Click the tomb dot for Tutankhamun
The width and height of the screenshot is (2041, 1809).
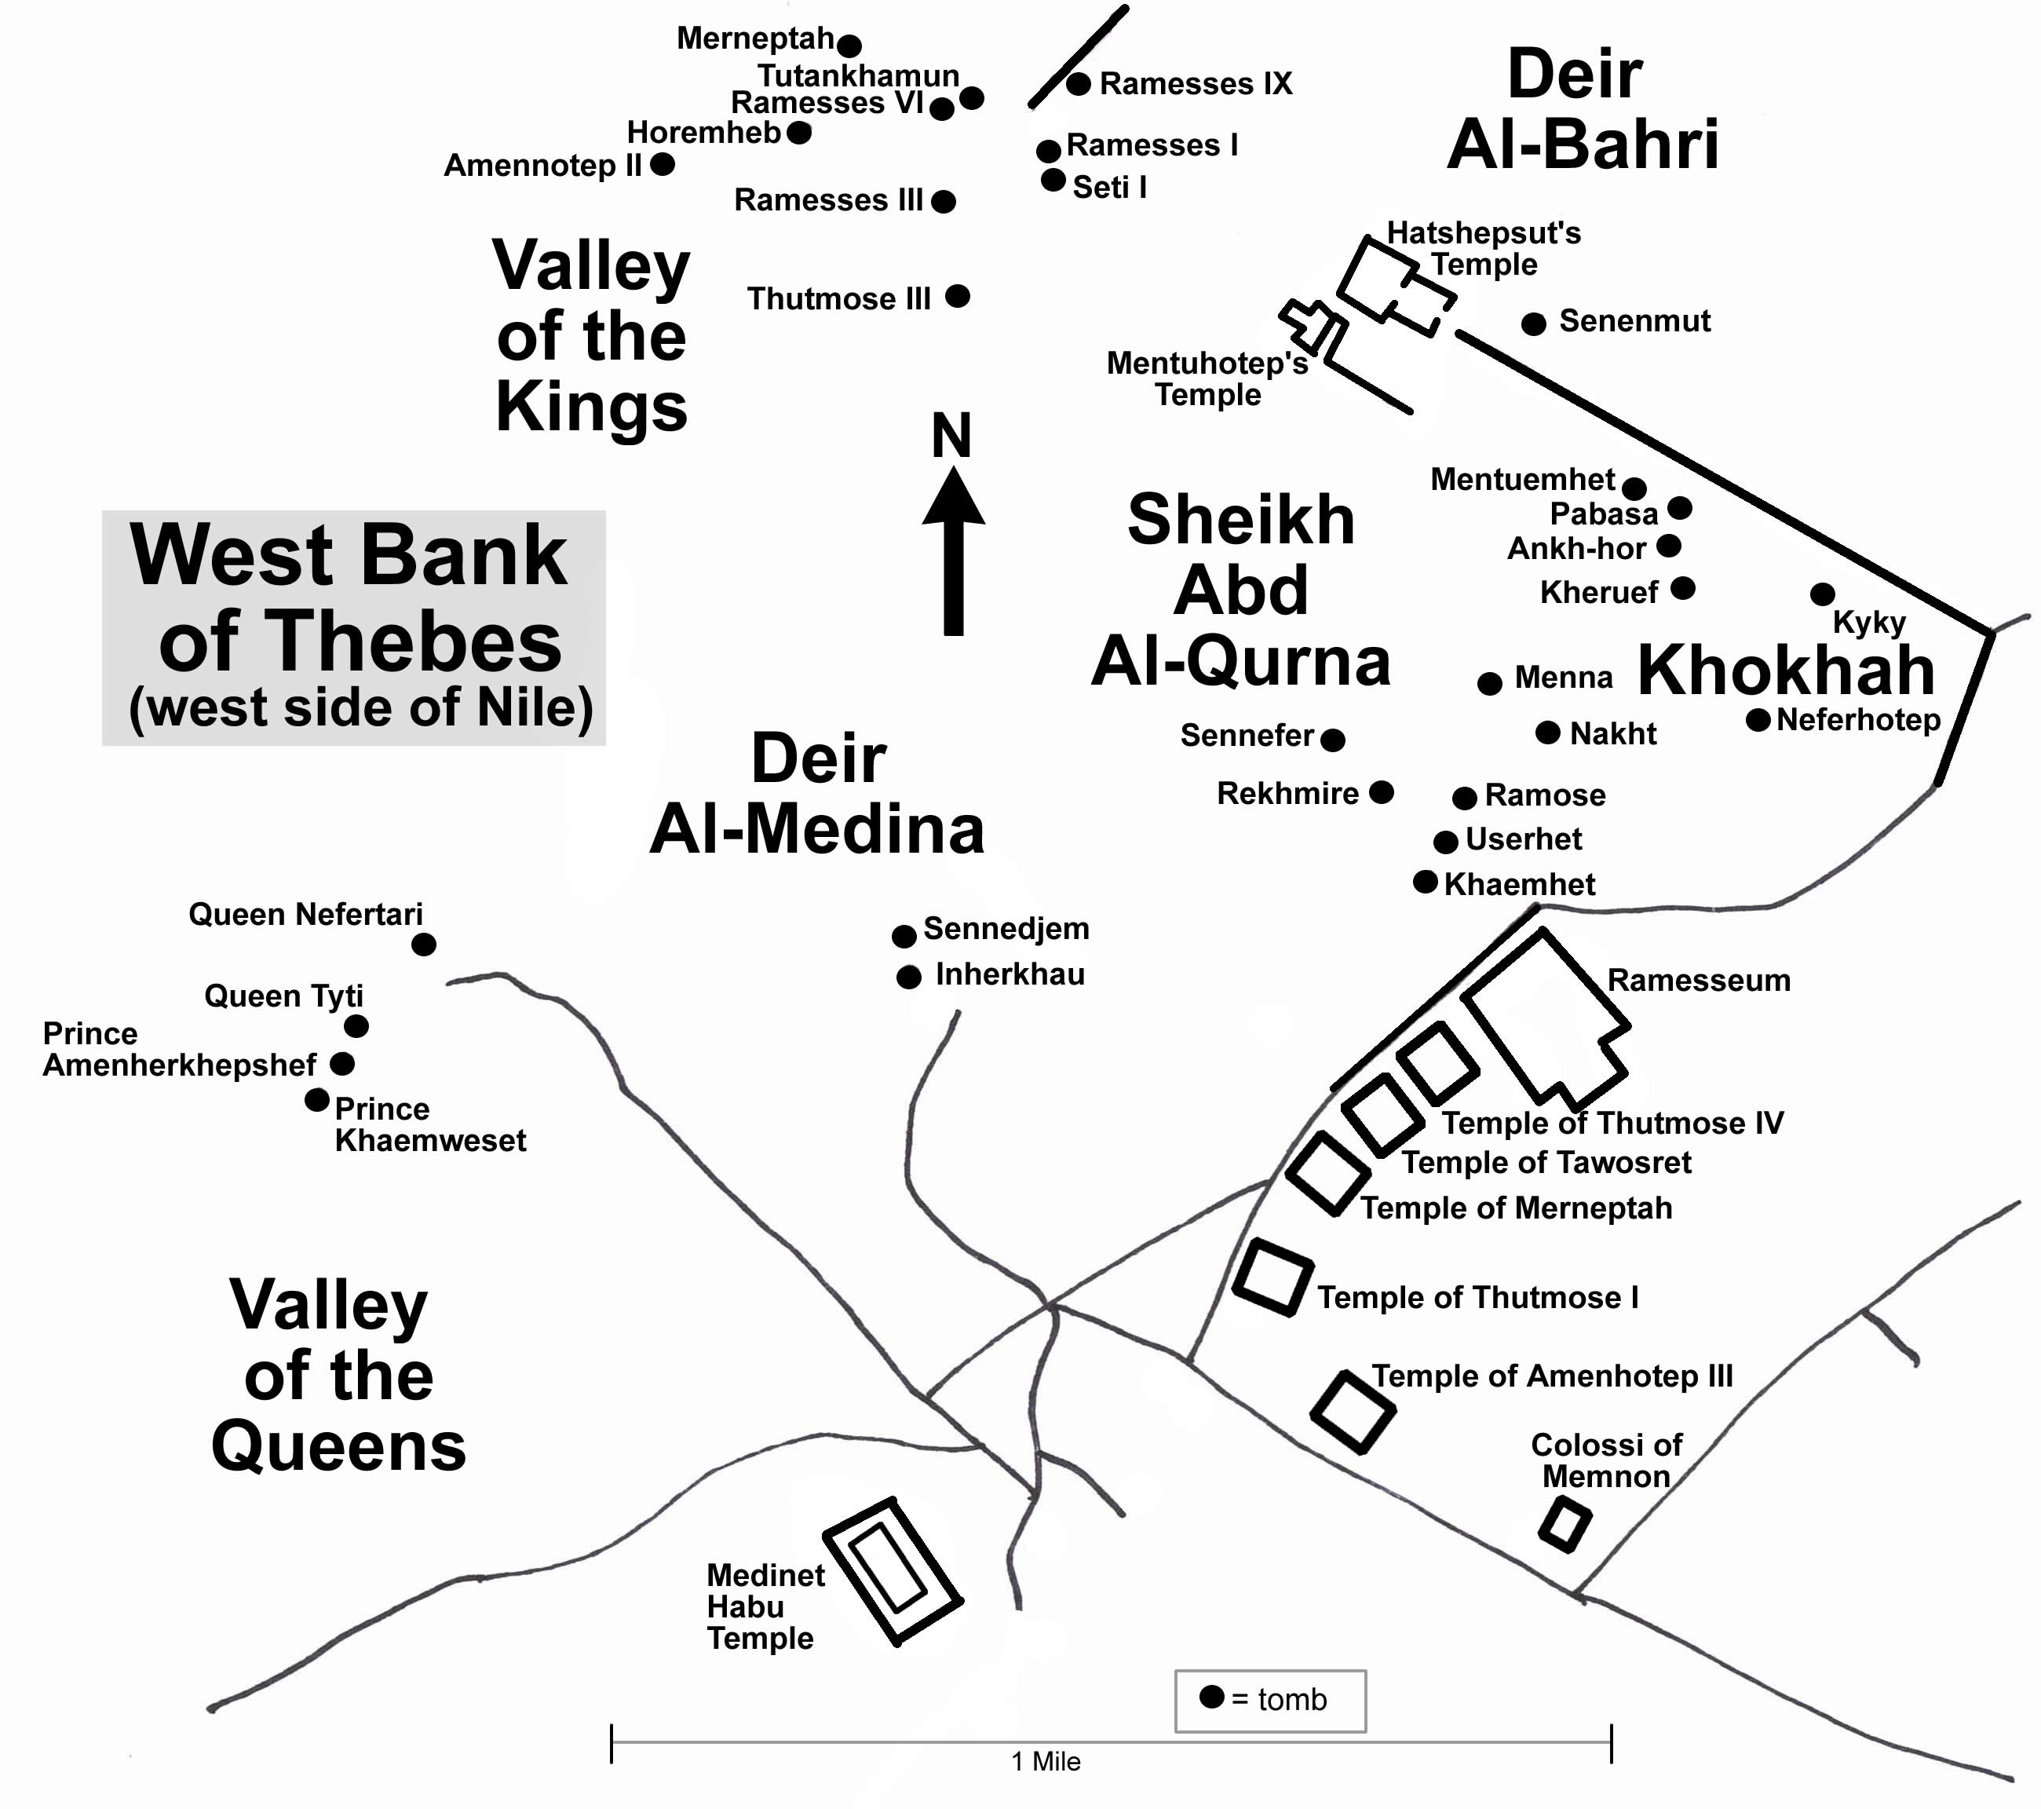coord(972,98)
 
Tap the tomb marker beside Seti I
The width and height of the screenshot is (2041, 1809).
coord(1053,180)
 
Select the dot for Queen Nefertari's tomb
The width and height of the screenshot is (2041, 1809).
coord(423,944)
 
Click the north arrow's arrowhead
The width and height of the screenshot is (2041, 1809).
coord(954,499)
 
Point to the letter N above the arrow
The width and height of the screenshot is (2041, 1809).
coord(951,436)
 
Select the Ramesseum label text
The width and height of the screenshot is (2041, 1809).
coord(1697,980)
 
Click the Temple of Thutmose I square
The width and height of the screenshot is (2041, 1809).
coord(1272,1277)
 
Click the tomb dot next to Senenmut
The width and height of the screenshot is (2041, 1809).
coord(1534,323)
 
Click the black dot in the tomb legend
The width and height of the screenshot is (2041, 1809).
coord(1211,1696)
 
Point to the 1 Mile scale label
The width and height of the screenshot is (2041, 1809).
coord(1046,1761)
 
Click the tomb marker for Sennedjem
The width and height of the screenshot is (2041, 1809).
coord(904,936)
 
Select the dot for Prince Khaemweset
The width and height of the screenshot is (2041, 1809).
coord(316,1100)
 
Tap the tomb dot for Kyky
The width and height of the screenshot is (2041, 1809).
coord(1821,594)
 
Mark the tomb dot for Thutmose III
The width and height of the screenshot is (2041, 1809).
coord(957,296)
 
